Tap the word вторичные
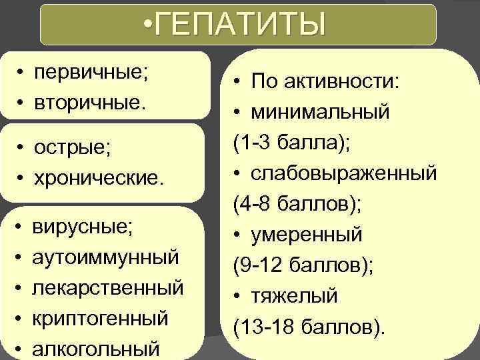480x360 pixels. [92, 103]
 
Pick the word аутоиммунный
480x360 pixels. [105, 256]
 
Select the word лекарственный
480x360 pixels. [108, 287]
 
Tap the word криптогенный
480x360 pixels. [100, 318]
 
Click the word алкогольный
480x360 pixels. [96, 349]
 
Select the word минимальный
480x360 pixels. [321, 112]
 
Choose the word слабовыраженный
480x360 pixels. [345, 173]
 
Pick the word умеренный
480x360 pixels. [307, 235]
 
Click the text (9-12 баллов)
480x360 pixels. [303, 265]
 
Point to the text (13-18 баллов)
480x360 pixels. [309, 327]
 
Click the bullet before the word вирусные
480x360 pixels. [21, 227]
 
